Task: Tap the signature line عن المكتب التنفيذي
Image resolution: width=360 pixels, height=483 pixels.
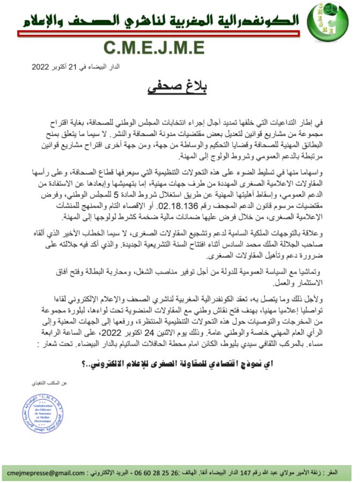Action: point(49,384)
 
